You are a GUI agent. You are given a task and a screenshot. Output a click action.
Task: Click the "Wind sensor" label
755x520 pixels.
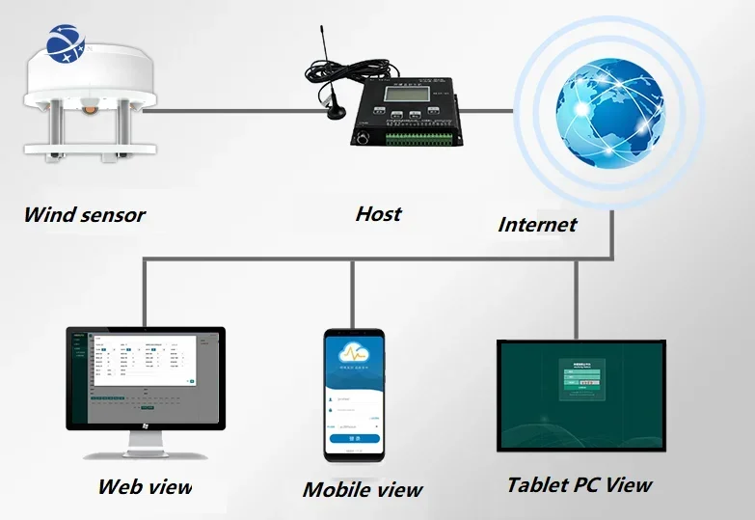coord(85,214)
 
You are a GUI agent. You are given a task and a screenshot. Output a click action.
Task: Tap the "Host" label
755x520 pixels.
coord(378,213)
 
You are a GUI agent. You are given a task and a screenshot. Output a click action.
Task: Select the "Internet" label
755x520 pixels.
coord(537,225)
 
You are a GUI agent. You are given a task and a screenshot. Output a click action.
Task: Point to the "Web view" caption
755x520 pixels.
coord(145,485)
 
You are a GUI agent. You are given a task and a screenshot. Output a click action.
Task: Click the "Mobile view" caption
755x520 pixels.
coord(363,490)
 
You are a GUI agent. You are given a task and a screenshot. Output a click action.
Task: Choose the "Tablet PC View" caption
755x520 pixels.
coord(580,484)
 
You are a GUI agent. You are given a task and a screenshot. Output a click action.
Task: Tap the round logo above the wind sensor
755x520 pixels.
coord(66,47)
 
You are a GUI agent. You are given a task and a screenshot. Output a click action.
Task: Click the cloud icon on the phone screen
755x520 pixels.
coord(353,352)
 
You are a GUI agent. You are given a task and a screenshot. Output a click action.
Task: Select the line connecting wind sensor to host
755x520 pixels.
coord(241,111)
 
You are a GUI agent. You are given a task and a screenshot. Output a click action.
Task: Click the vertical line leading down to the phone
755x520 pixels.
coord(353,293)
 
